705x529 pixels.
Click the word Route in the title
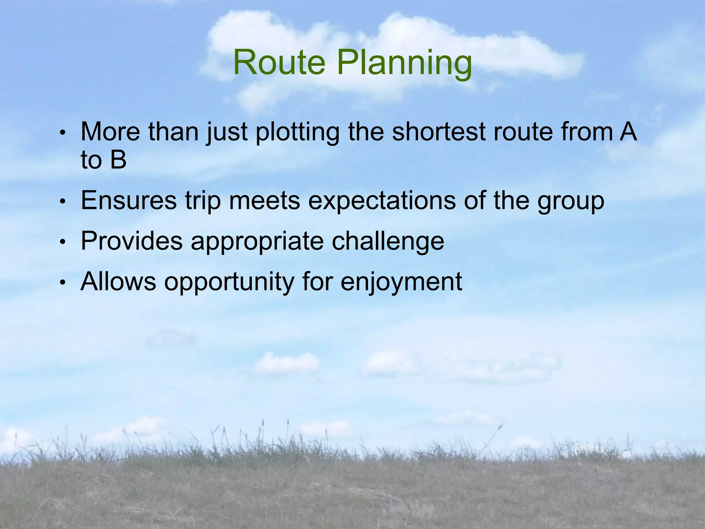point(279,63)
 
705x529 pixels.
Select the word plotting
point(297,133)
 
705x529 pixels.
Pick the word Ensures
point(128,200)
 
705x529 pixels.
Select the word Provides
point(131,241)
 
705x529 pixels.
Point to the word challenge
point(388,241)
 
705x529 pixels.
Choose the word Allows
point(118,281)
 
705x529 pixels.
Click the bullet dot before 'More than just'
point(62,133)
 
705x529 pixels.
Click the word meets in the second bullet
point(264,201)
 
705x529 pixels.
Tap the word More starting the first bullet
point(110,132)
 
